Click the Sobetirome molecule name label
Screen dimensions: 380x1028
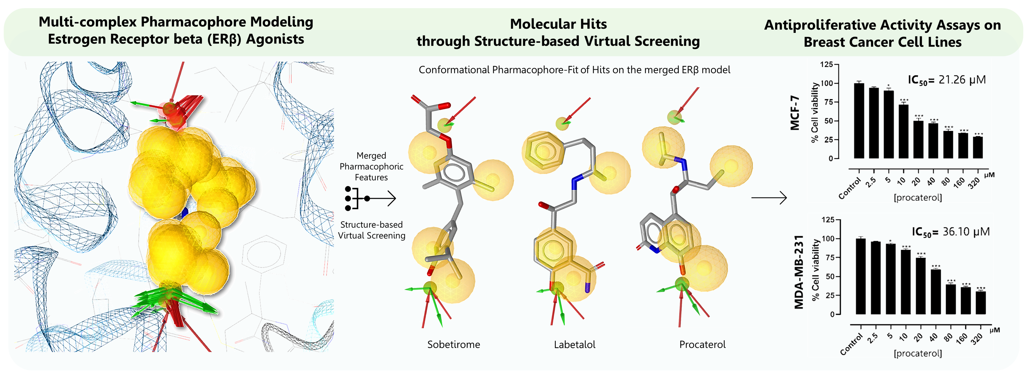pyautogui.click(x=454, y=344)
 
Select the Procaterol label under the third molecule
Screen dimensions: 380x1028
pyautogui.click(x=702, y=344)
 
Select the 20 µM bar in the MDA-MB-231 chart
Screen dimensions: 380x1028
pyautogui.click(x=921, y=286)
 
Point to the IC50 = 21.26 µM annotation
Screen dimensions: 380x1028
pyautogui.click(x=947, y=80)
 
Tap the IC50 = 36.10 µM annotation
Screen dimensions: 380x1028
pyautogui.click(x=951, y=232)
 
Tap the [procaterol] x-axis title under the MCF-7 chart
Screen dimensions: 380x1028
pyautogui.click(x=917, y=198)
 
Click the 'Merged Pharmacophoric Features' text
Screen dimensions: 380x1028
pyautogui.click(x=371, y=166)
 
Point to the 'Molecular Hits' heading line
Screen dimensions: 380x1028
pyautogui.click(x=558, y=24)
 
